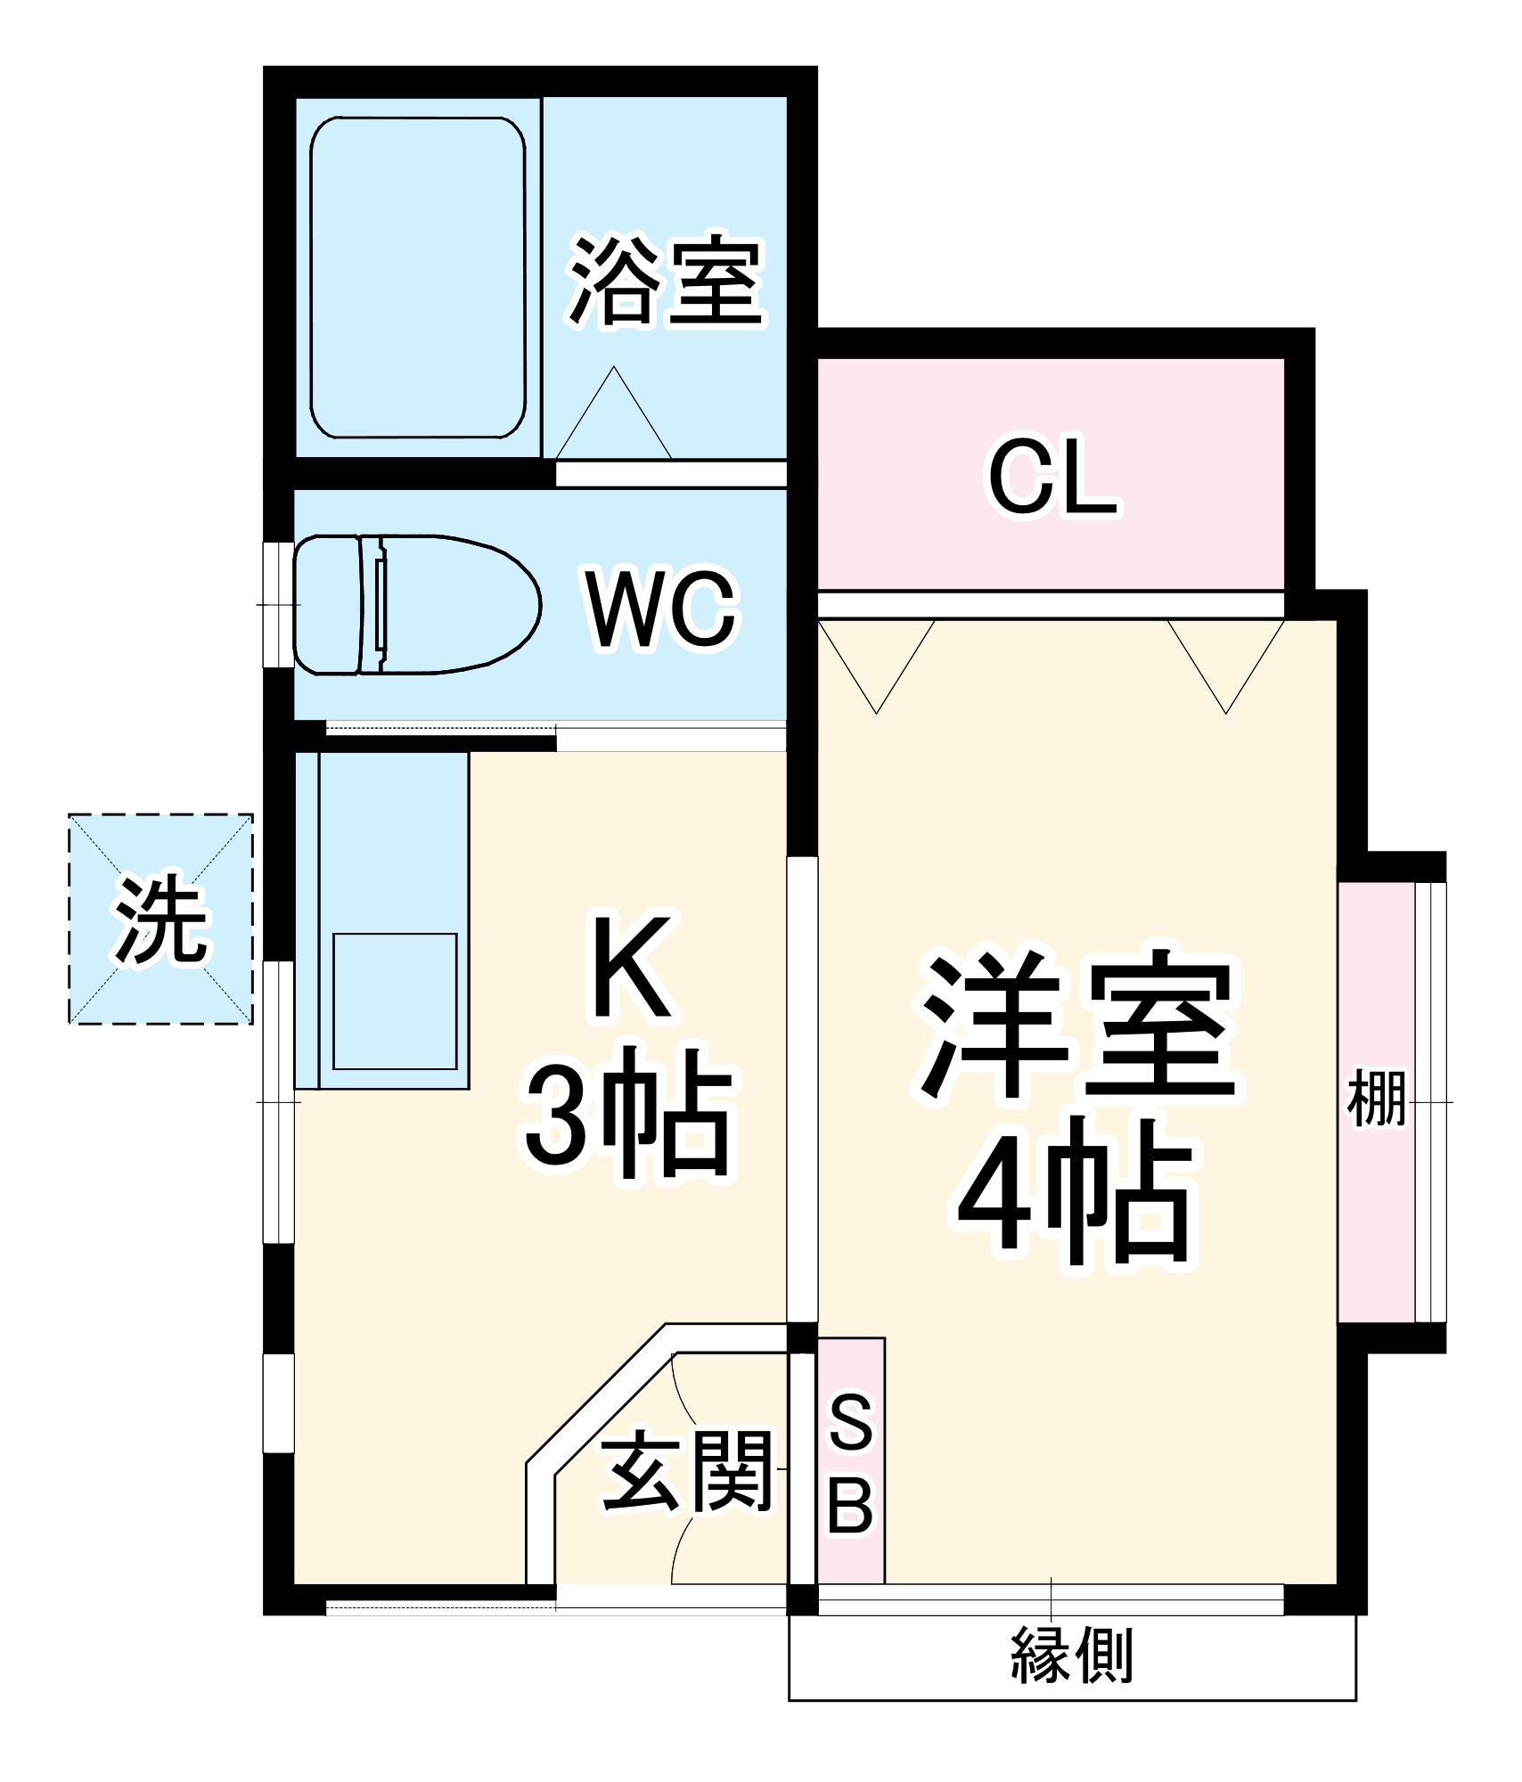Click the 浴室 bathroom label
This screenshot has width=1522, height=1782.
(667, 281)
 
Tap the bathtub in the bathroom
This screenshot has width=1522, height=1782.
(417, 277)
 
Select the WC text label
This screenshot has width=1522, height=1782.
(661, 609)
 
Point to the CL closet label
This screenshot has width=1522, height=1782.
(1052, 478)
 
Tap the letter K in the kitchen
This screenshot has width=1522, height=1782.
(632, 967)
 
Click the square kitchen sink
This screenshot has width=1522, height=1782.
(395, 1001)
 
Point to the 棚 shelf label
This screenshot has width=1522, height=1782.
(1377, 1099)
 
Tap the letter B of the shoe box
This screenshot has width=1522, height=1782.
(850, 1506)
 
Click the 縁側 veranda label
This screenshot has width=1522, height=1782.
(1072, 1655)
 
